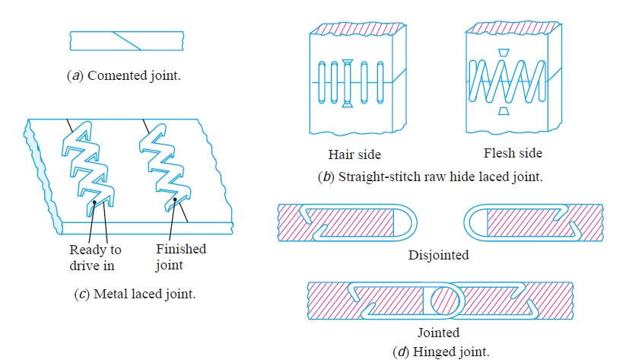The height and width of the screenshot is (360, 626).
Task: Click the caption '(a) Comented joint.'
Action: click(x=124, y=75)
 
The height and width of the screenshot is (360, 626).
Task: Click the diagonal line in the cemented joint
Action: click(x=127, y=41)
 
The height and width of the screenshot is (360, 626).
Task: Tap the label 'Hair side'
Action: click(x=354, y=155)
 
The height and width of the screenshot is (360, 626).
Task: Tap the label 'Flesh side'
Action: click(x=513, y=153)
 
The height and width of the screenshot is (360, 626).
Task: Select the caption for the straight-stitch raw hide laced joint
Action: click(x=431, y=177)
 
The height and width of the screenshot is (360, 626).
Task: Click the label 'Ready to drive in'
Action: click(x=95, y=258)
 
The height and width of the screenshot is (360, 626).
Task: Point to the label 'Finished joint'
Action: click(x=181, y=257)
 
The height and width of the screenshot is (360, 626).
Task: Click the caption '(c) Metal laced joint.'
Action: click(x=135, y=294)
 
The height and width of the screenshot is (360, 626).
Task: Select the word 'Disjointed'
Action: click(x=438, y=255)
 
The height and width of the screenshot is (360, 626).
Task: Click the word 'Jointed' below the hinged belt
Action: click(x=438, y=333)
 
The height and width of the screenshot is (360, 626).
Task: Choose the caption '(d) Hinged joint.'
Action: click(x=440, y=352)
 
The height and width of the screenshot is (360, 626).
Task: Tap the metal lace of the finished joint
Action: click(x=164, y=167)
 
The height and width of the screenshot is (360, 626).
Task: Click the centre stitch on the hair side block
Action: click(x=348, y=83)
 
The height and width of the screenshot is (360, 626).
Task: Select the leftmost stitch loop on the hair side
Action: click(x=322, y=82)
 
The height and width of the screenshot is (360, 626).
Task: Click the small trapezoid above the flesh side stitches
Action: click(x=504, y=53)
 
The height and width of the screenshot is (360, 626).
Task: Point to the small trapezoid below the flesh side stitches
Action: click(x=504, y=110)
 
